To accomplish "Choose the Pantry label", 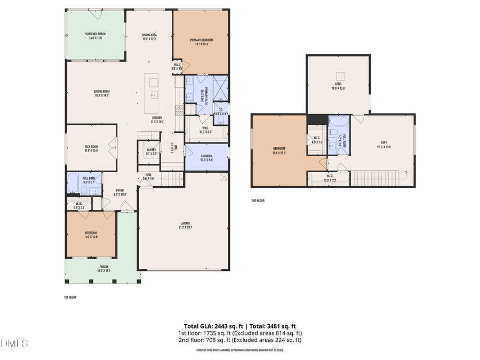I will (x=151, y=150).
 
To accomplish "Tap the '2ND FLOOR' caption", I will (x=258, y=201).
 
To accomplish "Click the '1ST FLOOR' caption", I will (x=70, y=297).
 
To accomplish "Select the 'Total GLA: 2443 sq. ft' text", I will (x=210, y=326).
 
